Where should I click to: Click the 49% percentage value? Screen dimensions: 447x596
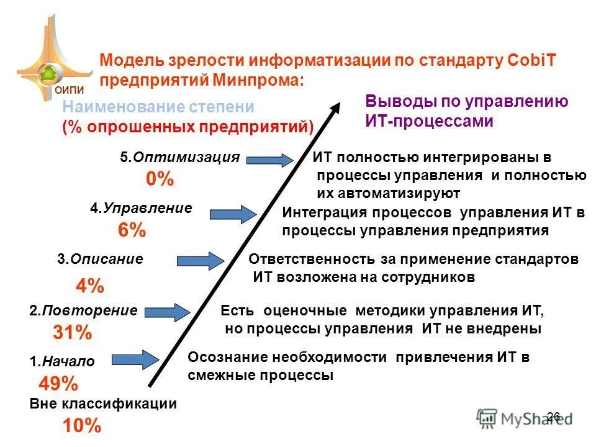pyautogui.click(x=58, y=382)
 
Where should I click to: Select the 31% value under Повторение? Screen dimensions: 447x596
pyautogui.click(x=72, y=333)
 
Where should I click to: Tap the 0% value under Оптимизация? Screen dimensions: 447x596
pyautogui.click(x=160, y=180)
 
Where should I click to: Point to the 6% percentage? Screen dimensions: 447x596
pyautogui.click(x=132, y=231)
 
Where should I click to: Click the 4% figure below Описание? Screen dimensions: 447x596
pyautogui.click(x=90, y=286)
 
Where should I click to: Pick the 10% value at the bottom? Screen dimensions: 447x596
pyautogui.click(x=81, y=426)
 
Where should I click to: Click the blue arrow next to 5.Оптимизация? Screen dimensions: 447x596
pyautogui.click(x=268, y=160)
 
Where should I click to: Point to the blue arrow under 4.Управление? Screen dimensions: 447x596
pyautogui.click(x=233, y=214)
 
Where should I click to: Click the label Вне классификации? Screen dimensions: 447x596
pyautogui.click(x=103, y=404)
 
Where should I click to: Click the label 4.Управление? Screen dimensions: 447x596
pyautogui.click(x=141, y=209)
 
